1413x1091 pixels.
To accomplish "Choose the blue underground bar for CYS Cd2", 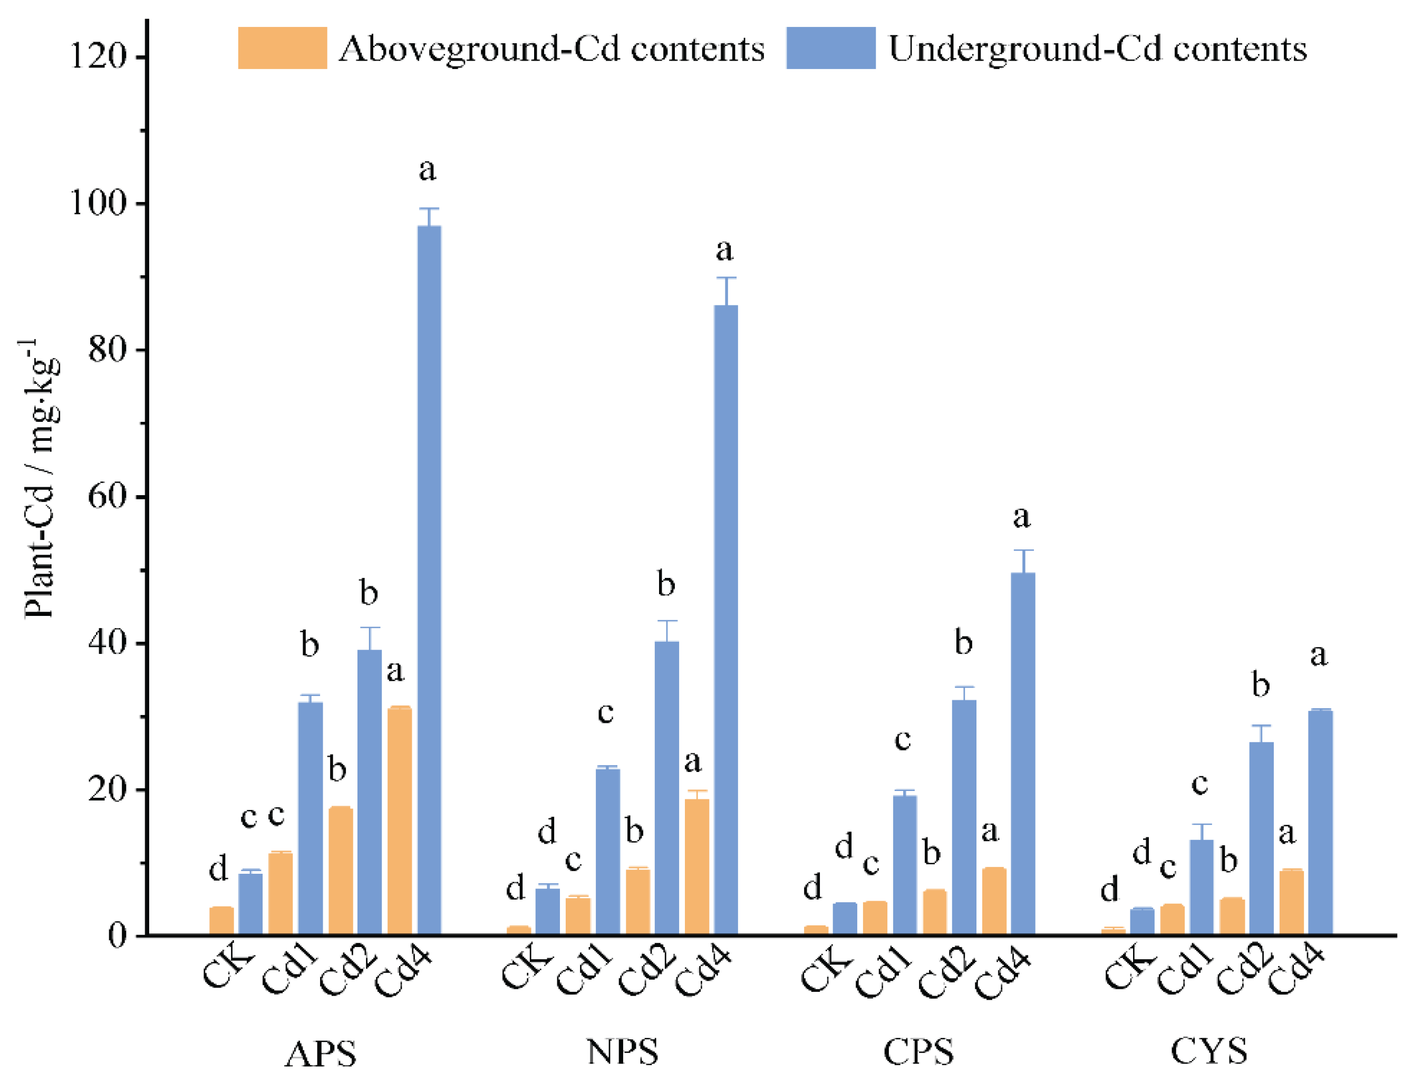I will (1261, 838).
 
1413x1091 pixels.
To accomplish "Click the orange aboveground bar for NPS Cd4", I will (697, 867).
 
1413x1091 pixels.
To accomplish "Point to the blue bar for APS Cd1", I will (311, 818).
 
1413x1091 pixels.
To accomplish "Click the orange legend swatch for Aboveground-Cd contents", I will (282, 48).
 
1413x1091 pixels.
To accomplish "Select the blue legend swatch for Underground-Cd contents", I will (831, 48).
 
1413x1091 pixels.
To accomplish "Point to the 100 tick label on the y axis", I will (97, 203).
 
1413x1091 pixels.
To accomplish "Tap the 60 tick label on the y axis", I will (107, 497).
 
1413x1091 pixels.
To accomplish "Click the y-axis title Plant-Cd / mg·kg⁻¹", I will (40, 479).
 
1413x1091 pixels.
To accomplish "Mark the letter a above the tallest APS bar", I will (427, 170).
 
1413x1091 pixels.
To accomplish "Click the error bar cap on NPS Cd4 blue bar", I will (726, 277).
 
